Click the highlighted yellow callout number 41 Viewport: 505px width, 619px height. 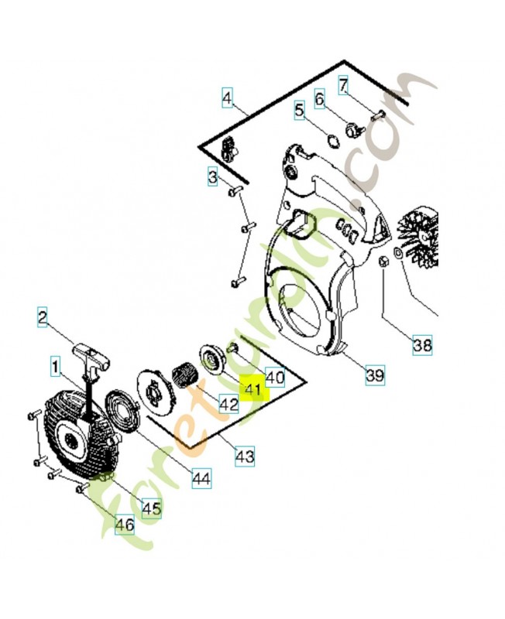(253, 390)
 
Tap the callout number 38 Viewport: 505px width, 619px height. (422, 345)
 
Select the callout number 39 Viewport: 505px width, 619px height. (375, 374)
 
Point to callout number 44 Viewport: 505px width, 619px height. (202, 478)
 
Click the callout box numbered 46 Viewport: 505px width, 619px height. (125, 525)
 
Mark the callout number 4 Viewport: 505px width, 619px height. (227, 97)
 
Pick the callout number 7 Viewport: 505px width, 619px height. (343, 85)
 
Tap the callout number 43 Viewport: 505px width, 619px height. (245, 457)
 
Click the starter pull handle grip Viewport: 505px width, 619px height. (91, 354)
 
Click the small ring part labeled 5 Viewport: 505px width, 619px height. (334, 141)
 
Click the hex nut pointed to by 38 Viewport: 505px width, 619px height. (383, 262)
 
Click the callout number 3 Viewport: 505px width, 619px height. (213, 176)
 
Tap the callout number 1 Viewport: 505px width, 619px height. (55, 367)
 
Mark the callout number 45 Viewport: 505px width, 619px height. (151, 508)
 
